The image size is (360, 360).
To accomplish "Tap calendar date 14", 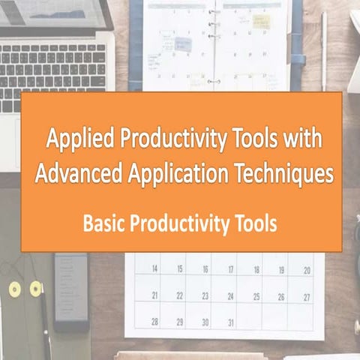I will pos(154,269).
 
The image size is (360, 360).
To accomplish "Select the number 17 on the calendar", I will pos(231,269).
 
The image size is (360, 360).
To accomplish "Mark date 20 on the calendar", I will pos(307,269).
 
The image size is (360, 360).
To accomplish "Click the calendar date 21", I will pos(154,295).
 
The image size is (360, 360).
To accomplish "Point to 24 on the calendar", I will pos(231,295).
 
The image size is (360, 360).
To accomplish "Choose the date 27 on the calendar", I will pos(307,295).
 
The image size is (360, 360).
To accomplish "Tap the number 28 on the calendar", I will pos(154,322).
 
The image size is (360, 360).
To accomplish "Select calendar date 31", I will pos(231,322).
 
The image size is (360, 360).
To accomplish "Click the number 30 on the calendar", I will pos(205,322).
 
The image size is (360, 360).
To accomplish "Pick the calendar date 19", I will pos(281,269).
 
